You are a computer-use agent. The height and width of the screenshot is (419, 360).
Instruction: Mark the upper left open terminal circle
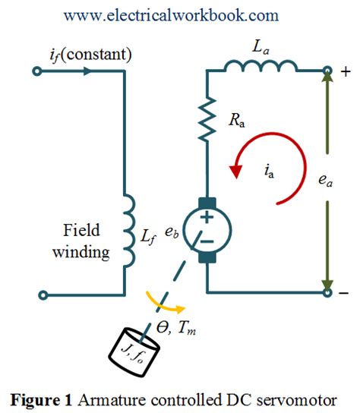(x=36, y=72)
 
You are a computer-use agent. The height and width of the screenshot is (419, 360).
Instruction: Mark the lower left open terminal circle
(x=36, y=291)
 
